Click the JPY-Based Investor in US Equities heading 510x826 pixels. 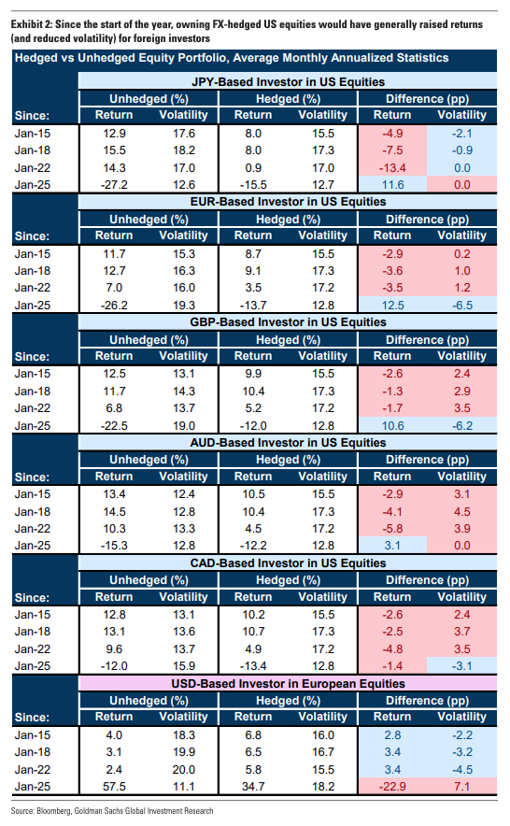coord(288,81)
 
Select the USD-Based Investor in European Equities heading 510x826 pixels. coord(288,684)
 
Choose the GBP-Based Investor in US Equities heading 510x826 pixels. coord(288,322)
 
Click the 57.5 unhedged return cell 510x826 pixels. coord(114,787)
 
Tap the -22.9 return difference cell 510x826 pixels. coord(392,787)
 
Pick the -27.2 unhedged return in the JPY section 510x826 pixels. coord(114,185)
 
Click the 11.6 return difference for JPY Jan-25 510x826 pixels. coord(392,185)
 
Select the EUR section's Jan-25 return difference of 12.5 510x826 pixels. coord(392,306)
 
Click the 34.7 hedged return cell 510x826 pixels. coord(253,787)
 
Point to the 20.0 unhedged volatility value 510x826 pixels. coord(183,770)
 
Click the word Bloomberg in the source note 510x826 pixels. coord(53,811)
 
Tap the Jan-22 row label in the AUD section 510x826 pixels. coord(33,529)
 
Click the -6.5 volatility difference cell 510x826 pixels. coord(462,306)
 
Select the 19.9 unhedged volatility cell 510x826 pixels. coord(183,752)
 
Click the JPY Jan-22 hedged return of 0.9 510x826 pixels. coord(253,168)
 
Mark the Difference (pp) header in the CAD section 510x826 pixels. coord(427,580)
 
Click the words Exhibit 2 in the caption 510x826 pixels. coord(31,24)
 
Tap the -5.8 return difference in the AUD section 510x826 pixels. coord(392,529)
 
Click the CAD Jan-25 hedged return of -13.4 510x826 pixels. coord(253,666)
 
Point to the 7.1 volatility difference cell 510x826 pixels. coord(462,787)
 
